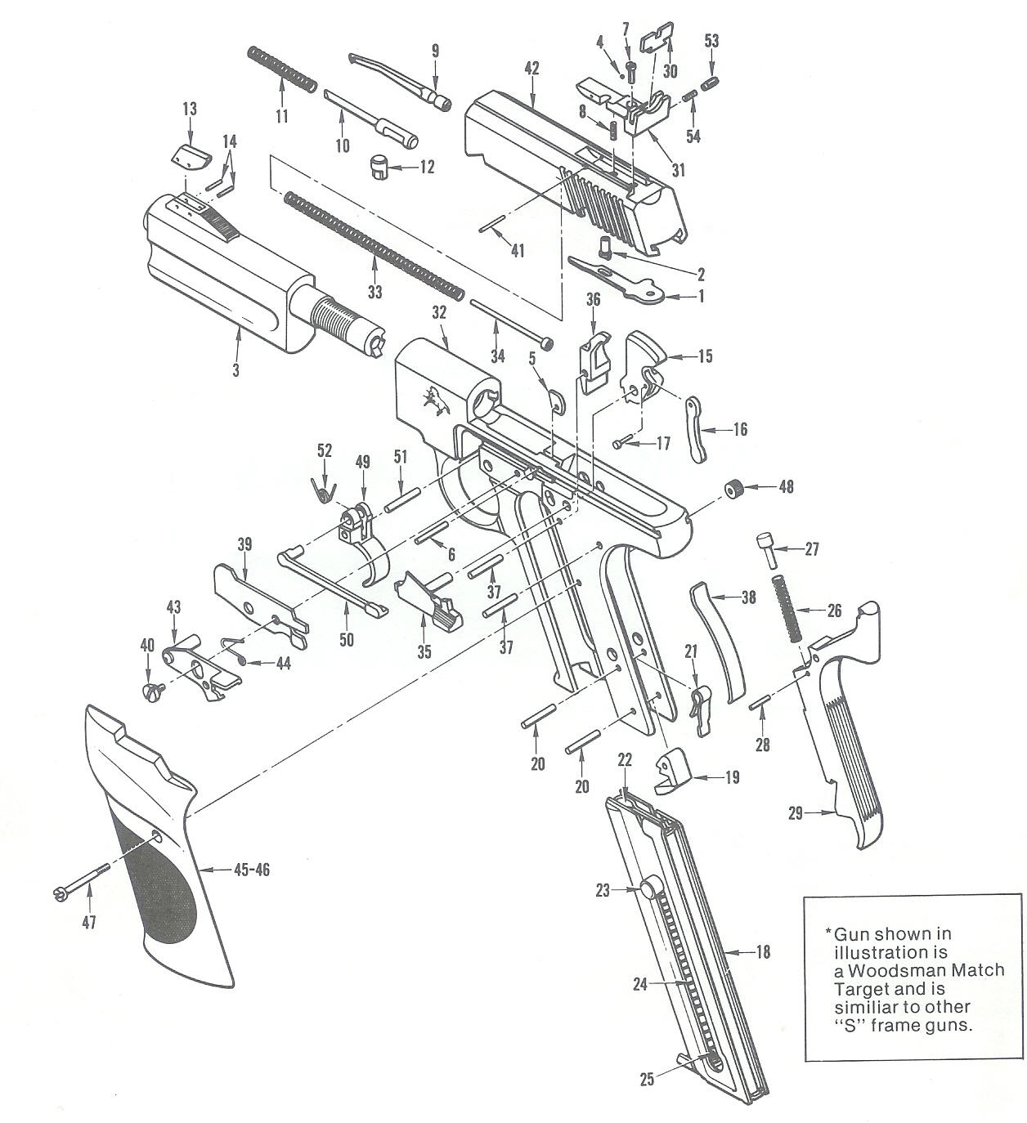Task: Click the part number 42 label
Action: (532, 69)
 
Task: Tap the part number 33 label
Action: (374, 292)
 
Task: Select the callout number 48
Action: (786, 487)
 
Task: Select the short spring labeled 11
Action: (282, 69)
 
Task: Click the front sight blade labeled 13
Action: (193, 154)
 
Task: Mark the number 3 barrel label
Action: (235, 370)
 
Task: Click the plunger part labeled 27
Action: (767, 550)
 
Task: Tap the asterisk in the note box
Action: (827, 933)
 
